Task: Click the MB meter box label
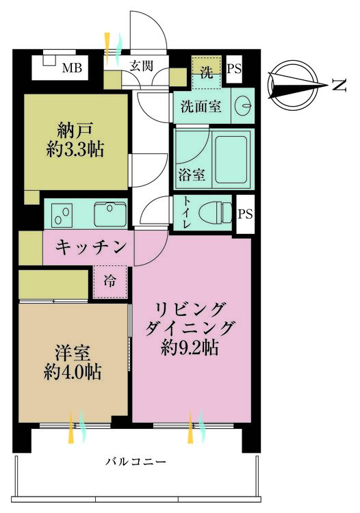click(72, 68)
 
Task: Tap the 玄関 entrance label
click(142, 66)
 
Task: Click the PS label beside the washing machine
click(234, 68)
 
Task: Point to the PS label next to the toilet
click(245, 213)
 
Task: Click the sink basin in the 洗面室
click(244, 105)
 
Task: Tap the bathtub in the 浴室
click(231, 160)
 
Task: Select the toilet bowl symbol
click(216, 213)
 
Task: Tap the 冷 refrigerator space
click(110, 282)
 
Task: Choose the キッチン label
click(90, 248)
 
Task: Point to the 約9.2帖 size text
click(190, 347)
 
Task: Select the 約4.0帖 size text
click(73, 372)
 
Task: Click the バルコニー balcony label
click(136, 462)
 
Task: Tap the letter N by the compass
click(339, 85)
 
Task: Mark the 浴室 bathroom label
click(192, 174)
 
